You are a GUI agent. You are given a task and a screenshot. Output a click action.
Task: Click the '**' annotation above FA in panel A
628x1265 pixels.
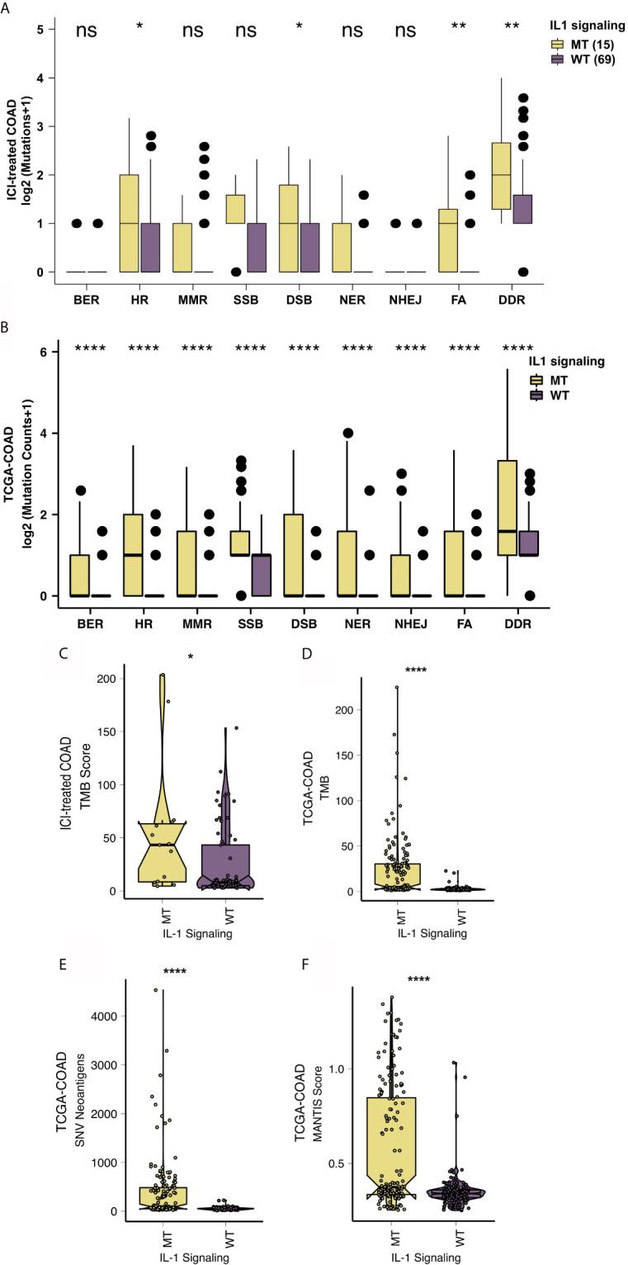pyautogui.click(x=458, y=28)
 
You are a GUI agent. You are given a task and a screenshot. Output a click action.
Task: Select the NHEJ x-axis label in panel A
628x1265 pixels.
pyautogui.click(x=405, y=300)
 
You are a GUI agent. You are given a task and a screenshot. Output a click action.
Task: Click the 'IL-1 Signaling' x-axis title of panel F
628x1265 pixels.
pyautogui.click(x=426, y=1258)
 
